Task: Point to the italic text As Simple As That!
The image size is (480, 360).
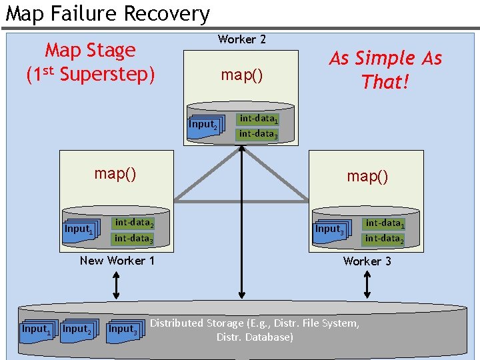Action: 385,70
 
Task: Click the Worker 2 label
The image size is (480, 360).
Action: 241,39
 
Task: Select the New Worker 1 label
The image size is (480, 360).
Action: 117,261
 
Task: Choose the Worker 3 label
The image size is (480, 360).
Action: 367,261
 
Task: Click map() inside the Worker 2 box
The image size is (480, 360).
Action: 241,75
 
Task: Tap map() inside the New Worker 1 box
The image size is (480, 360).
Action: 115,173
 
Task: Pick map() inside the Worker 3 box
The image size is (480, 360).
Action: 367,176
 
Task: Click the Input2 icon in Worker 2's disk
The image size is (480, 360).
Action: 203,125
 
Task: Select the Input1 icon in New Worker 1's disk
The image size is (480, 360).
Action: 79,229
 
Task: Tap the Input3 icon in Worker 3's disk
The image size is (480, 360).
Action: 329,229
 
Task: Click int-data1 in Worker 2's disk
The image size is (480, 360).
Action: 258,119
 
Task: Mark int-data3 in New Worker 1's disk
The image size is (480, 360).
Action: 133,238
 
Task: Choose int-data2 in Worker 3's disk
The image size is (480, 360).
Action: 383,238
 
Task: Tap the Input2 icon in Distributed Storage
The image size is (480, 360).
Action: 77,329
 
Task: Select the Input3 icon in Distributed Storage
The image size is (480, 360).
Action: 123,329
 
